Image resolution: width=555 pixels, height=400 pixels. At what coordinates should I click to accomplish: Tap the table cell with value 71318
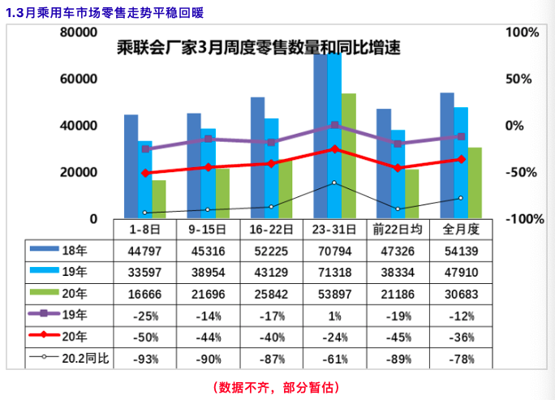336,271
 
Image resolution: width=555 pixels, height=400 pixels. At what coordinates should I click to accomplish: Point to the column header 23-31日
336,230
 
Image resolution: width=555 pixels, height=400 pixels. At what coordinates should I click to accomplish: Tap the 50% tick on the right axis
518,80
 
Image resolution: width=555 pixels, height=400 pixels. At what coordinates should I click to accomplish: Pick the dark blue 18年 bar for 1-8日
131,166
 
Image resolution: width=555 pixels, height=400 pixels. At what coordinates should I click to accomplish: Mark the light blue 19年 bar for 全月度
461,162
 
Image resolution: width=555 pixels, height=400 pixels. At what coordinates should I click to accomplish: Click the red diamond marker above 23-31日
335,149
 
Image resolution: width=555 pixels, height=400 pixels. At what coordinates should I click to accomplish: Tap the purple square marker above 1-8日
145,149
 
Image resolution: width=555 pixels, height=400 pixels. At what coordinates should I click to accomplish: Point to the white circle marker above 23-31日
335,183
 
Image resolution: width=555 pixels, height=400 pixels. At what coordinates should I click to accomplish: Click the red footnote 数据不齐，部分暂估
277,386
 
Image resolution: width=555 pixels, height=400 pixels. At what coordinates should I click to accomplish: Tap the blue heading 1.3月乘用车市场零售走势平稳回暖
105,13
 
